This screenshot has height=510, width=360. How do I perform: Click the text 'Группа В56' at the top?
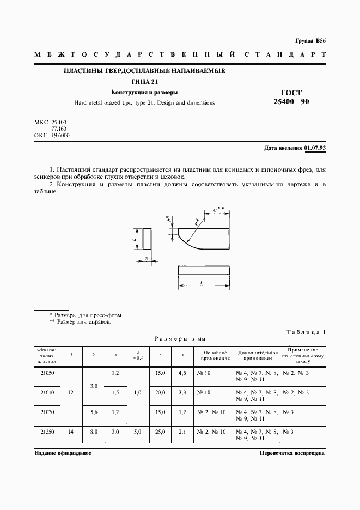310,41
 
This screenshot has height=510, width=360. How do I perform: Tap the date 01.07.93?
314,148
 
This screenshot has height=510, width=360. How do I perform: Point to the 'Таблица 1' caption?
305,332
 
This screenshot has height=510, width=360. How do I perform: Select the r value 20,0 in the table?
160,392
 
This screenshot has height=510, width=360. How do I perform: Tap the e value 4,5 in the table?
183,373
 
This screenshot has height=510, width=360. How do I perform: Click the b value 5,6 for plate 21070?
93,412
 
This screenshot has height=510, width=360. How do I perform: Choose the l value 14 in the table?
72,432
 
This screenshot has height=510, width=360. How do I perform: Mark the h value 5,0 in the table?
138,432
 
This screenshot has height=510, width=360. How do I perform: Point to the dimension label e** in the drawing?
217,209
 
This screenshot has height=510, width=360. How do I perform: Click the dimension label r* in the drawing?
197,222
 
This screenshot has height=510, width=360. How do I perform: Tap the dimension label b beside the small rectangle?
135,239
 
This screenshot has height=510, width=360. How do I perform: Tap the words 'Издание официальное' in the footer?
63,453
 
